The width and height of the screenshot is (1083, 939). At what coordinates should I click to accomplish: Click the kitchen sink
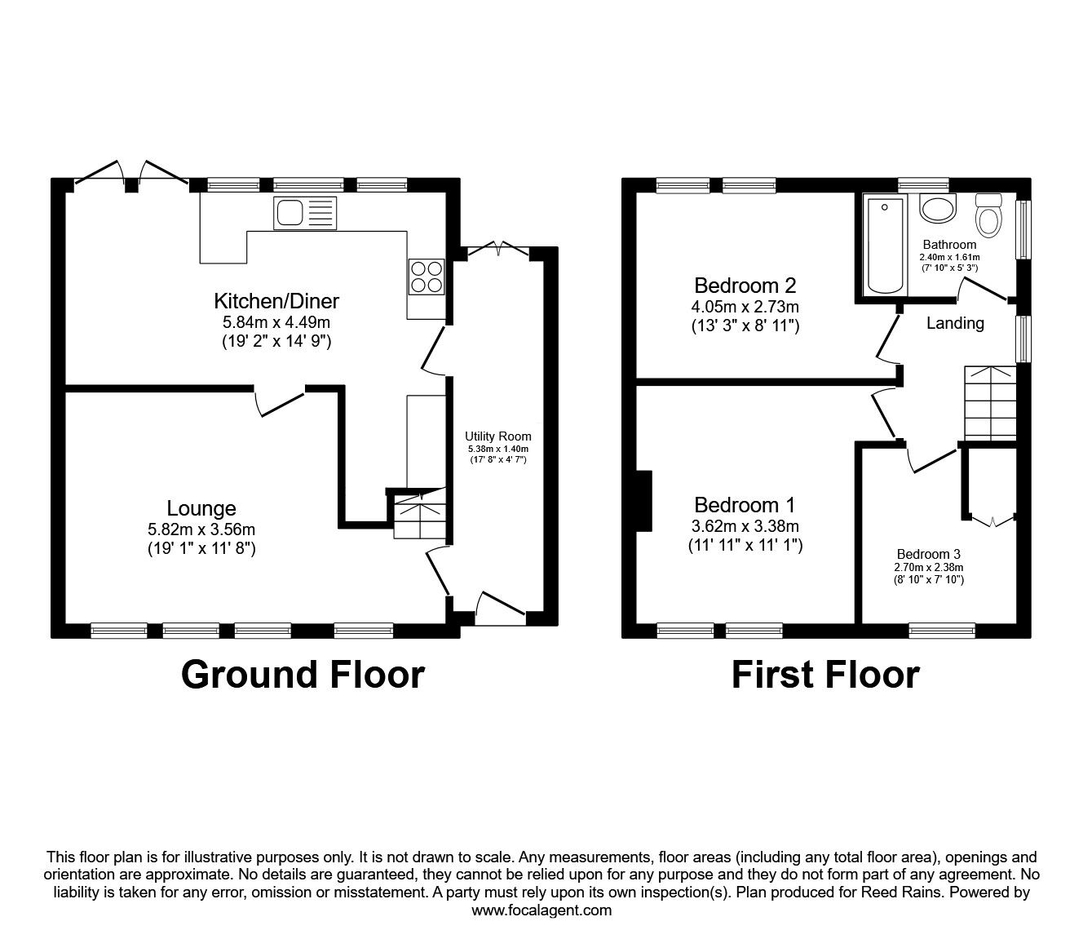(x=304, y=213)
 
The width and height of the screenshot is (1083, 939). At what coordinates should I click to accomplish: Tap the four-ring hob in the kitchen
(x=427, y=277)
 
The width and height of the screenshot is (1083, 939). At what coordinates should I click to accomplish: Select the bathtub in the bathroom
(x=885, y=245)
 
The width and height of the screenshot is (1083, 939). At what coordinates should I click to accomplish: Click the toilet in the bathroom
(x=988, y=215)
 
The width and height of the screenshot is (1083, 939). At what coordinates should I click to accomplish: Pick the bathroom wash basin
(x=938, y=207)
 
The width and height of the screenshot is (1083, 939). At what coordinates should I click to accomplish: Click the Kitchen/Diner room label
(x=276, y=301)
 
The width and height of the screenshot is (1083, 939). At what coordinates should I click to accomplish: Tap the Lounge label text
(x=201, y=508)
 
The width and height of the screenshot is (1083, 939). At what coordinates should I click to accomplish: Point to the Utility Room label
(x=497, y=436)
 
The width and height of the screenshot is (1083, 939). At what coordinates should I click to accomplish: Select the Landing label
(x=955, y=323)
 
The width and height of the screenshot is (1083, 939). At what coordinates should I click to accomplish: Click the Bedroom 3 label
(x=928, y=554)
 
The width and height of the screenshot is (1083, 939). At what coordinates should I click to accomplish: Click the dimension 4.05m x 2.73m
(x=745, y=306)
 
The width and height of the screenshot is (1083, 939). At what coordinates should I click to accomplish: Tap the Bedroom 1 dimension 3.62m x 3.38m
(x=745, y=526)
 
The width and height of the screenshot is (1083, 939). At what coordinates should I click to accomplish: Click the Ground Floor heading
(x=303, y=675)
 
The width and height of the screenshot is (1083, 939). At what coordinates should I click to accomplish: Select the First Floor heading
(x=825, y=675)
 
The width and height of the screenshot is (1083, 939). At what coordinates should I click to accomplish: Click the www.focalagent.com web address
(x=541, y=910)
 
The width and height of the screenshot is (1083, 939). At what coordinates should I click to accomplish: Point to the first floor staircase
(x=990, y=403)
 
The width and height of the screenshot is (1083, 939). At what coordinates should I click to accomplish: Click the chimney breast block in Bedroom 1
(x=644, y=501)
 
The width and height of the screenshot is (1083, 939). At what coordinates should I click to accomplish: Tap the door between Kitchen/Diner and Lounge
(x=279, y=402)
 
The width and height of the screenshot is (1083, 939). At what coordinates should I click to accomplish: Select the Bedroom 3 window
(x=942, y=630)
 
